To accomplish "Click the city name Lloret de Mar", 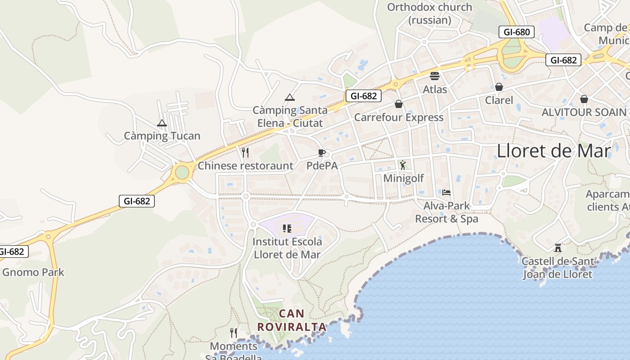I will (x=553, y=151).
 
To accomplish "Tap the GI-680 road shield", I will (x=516, y=32).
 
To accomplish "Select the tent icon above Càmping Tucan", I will (x=162, y=123).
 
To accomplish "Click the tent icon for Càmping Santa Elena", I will (x=290, y=97).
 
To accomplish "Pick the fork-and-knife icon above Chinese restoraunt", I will (x=245, y=153).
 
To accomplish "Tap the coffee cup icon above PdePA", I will (x=321, y=153).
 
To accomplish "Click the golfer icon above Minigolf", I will (x=403, y=165).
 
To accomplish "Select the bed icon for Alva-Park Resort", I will (x=446, y=193).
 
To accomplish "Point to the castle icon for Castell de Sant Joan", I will (x=558, y=247).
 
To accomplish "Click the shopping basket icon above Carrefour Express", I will (x=399, y=104).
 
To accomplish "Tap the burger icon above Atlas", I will (x=435, y=76).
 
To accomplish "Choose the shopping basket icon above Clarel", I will (x=499, y=87).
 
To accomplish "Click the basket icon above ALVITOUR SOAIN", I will (x=584, y=99).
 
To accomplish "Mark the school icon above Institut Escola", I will (x=287, y=229).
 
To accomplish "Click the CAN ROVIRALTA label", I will (x=292, y=320).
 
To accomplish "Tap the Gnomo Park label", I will (x=33, y=272).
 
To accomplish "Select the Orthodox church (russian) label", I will (x=429, y=13).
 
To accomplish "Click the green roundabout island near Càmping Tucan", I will (x=182, y=172).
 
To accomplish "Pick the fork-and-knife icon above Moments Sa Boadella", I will (x=234, y=333).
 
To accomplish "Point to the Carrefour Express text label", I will (x=399, y=117).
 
